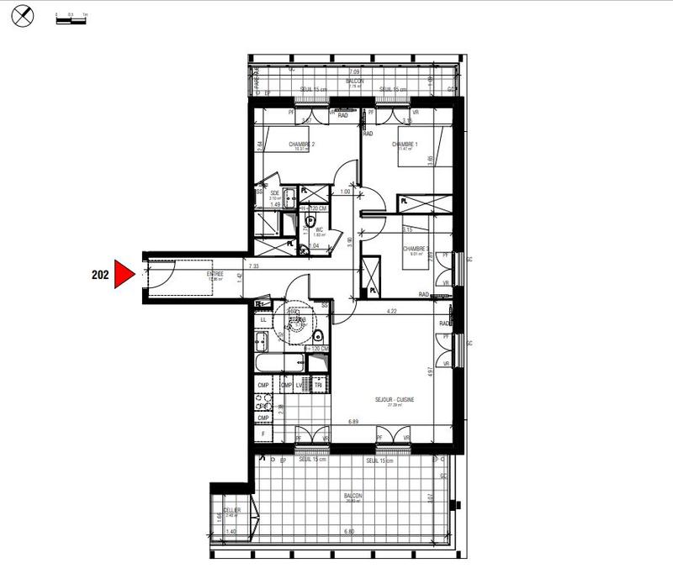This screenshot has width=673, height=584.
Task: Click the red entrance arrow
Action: (x=125, y=273)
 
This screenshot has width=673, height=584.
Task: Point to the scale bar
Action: (x=71, y=18)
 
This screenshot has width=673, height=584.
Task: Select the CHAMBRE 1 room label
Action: (x=405, y=145)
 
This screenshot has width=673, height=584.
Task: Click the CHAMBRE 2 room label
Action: (x=301, y=145)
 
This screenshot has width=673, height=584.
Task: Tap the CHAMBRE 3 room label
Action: (x=416, y=249)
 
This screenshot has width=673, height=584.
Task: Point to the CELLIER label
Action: (x=233, y=510)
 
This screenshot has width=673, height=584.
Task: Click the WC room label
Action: (x=319, y=229)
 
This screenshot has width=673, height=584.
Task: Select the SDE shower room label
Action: (x=274, y=192)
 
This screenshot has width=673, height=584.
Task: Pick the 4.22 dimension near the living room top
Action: (x=392, y=311)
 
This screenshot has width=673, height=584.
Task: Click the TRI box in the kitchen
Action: (x=319, y=385)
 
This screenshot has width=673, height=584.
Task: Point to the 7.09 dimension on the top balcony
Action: (x=354, y=74)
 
